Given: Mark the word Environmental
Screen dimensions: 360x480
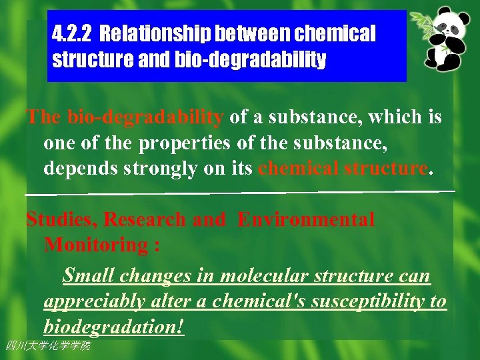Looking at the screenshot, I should tap(306, 219).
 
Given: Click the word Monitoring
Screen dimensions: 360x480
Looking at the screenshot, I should tap(96, 245).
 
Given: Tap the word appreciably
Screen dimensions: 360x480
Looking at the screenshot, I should tap(93, 301).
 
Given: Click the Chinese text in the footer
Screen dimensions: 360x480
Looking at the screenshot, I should tap(47, 345).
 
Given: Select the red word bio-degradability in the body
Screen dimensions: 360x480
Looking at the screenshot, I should tap(145, 117).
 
